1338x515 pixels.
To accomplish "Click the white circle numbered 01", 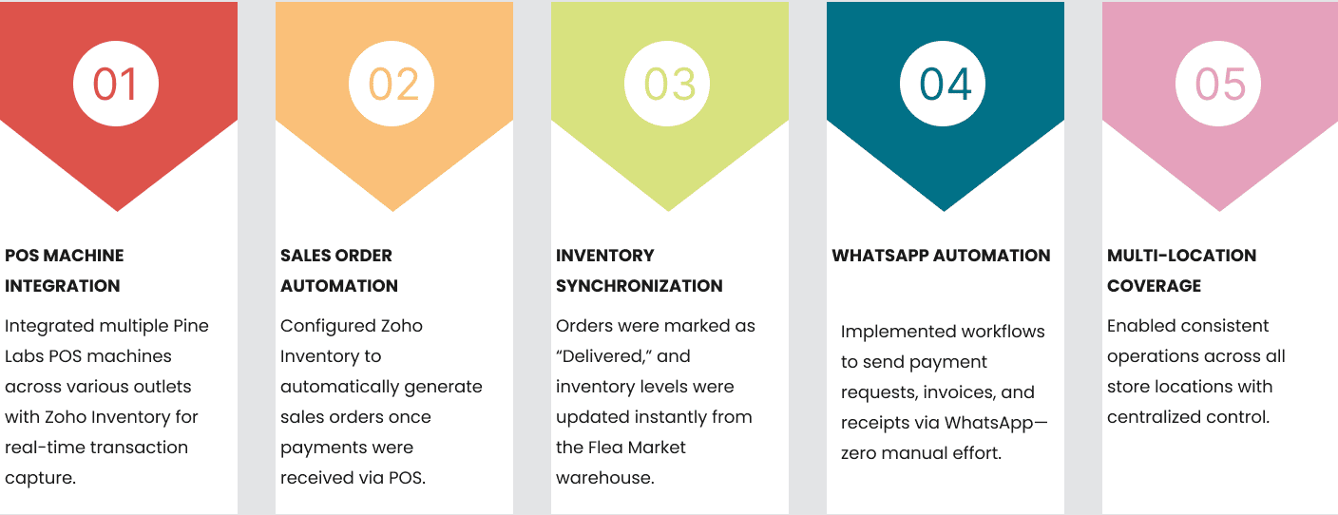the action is (x=116, y=84).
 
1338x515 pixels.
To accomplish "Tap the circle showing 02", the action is (x=392, y=84).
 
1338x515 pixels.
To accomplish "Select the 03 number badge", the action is (x=667, y=84).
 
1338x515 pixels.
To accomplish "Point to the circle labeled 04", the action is (x=943, y=84).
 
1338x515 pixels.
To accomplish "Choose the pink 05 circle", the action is (x=1218, y=84).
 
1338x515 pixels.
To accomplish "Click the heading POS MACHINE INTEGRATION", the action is (x=64, y=271).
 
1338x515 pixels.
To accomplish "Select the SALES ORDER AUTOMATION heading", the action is (x=339, y=271).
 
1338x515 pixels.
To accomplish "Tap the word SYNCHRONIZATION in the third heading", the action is (x=640, y=286).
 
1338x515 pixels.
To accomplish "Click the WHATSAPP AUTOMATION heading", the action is (x=941, y=256).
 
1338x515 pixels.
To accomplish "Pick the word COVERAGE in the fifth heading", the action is (x=1154, y=286).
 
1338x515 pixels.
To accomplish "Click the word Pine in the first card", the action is (x=191, y=326).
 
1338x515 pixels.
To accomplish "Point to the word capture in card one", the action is (x=39, y=479).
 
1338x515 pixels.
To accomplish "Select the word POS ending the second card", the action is (x=406, y=478).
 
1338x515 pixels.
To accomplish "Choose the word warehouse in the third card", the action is (x=603, y=478).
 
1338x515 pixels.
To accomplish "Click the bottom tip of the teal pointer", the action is (x=945, y=211).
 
